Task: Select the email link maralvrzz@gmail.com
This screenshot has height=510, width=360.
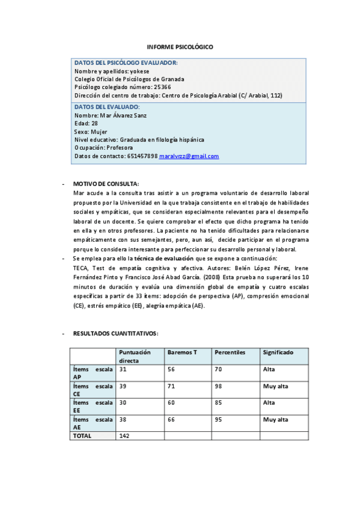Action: (x=189, y=156)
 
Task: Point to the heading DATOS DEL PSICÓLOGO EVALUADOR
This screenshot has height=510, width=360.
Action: (x=126, y=63)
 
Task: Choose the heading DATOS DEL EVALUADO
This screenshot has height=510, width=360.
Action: (x=106, y=107)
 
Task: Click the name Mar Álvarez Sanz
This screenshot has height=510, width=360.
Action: (x=123, y=115)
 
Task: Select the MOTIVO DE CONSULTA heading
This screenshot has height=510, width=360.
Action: (x=106, y=183)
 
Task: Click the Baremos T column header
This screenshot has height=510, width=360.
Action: (x=183, y=352)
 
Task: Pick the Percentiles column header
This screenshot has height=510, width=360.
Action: (x=230, y=352)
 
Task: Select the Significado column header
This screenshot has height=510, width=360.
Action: (x=277, y=352)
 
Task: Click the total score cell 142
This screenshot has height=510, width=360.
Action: (x=125, y=435)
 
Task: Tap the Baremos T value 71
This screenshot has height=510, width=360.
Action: (x=171, y=386)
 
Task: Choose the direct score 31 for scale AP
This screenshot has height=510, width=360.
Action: (x=123, y=369)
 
